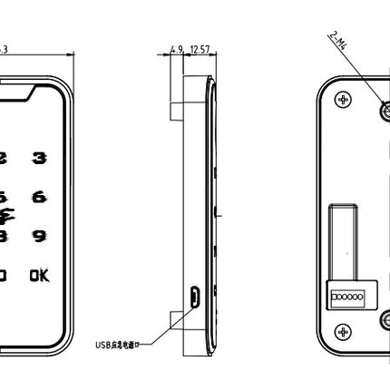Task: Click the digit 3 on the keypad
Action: [39, 159]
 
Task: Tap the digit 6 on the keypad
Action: [39, 197]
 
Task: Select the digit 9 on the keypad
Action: [39, 236]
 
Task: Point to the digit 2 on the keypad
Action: [3, 159]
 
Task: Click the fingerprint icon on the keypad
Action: [8, 216]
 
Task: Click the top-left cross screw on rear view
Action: [341, 98]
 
